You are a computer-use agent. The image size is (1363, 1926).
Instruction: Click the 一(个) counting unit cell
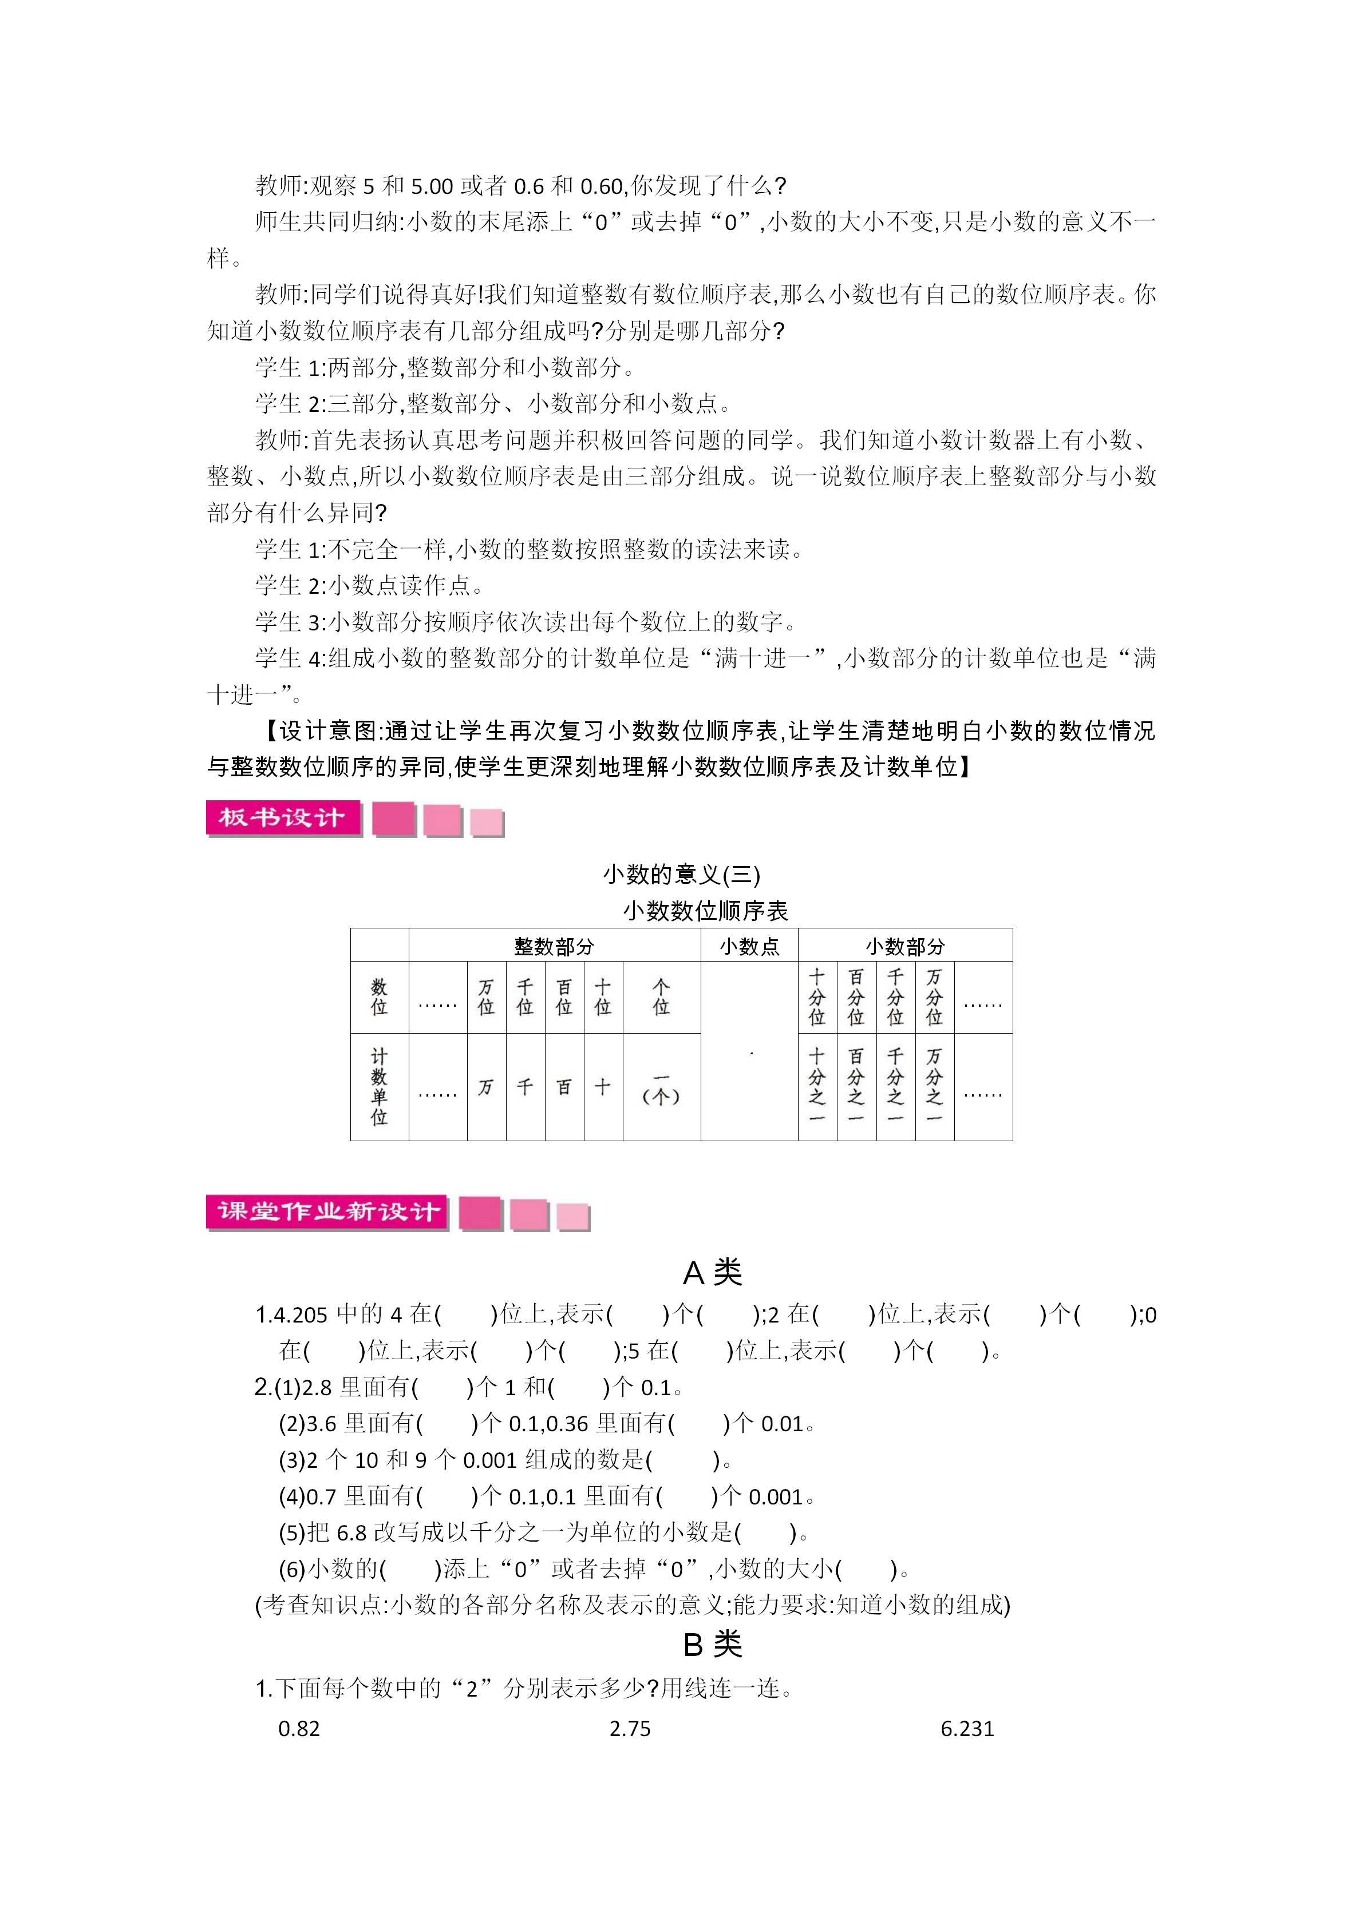661,1088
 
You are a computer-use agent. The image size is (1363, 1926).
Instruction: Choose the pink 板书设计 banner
283,818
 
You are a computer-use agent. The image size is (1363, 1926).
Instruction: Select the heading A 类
713,1273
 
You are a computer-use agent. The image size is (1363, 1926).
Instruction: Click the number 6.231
967,1729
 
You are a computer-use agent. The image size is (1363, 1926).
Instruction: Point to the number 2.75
630,1729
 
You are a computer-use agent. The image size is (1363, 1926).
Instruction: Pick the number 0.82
299,1729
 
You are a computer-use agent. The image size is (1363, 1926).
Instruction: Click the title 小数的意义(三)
681,875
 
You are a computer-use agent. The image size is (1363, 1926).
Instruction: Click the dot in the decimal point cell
751,1054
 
